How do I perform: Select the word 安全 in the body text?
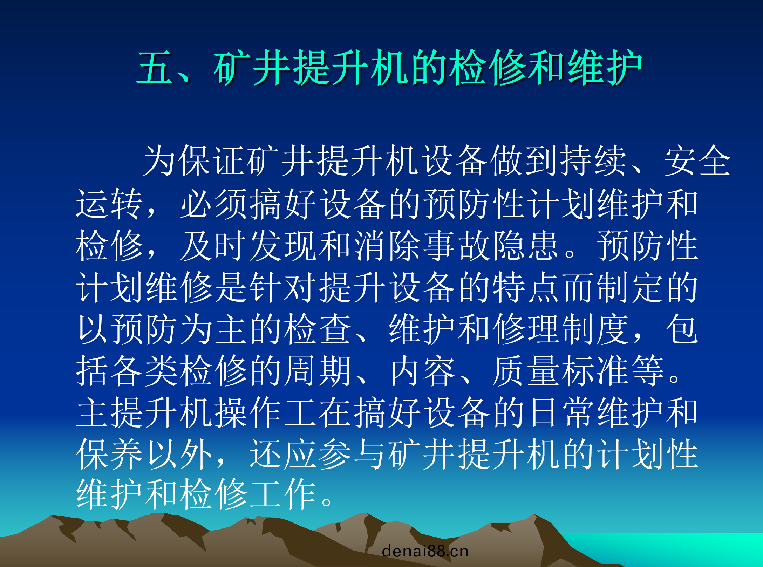click(697, 161)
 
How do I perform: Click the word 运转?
click(109, 204)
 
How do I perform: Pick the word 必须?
click(213, 204)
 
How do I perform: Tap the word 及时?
click(213, 245)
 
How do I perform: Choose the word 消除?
click(387, 245)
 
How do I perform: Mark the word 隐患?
click(526, 245)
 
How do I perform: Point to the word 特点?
click(526, 287)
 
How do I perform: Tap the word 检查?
click(318, 329)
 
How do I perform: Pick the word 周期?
click(318, 370)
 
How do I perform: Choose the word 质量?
click(526, 370)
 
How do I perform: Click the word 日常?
click(560, 412)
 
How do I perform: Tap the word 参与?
click(352, 454)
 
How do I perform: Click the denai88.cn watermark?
click(425, 551)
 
